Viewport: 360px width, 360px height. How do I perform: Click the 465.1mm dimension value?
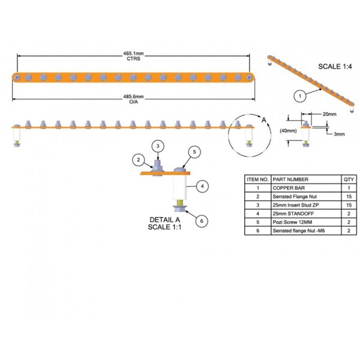click(133, 53)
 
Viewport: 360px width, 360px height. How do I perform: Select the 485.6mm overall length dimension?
click(133, 97)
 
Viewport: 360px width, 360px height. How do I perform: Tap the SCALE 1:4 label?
click(335, 67)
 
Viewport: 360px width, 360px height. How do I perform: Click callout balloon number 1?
click(300, 96)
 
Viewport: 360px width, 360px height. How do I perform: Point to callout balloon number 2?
click(139, 160)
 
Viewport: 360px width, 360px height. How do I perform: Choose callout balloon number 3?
click(158, 146)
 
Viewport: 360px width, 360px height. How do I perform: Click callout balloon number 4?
click(202, 186)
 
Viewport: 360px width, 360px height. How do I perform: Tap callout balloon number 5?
click(194, 152)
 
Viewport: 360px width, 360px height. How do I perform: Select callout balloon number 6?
click(202, 221)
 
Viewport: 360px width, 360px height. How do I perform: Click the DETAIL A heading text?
click(164, 220)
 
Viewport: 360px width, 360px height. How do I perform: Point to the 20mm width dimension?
click(329, 114)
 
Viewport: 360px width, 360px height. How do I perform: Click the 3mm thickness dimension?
click(339, 134)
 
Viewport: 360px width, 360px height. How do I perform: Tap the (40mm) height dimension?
click(288, 131)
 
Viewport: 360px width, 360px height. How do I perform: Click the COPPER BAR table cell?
click(289, 188)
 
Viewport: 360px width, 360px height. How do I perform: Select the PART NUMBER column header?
click(290, 179)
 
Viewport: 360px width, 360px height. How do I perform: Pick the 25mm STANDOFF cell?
click(293, 214)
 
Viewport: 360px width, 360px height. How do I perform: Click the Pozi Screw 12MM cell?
click(292, 222)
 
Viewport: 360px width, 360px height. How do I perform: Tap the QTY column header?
click(349, 179)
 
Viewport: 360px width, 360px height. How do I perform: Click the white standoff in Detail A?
click(180, 187)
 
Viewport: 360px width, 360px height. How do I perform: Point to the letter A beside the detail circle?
click(264, 120)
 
